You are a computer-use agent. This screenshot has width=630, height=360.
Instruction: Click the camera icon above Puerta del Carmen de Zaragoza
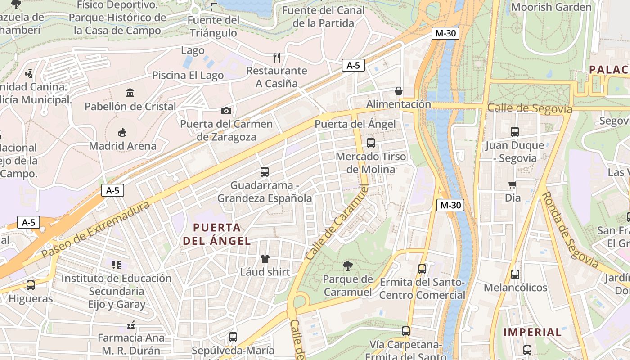(226, 111)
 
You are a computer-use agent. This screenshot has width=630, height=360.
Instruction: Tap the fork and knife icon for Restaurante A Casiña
(277, 58)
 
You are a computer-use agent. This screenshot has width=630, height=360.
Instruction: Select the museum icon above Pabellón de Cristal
(130, 93)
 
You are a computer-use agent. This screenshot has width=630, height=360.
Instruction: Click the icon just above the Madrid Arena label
(122, 132)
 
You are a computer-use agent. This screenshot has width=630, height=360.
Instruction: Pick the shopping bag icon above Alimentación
(399, 91)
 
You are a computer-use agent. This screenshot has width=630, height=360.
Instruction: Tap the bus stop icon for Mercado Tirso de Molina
(371, 143)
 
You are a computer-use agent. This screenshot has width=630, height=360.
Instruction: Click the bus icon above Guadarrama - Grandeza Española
(265, 172)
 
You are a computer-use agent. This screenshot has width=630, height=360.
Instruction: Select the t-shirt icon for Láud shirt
(265, 259)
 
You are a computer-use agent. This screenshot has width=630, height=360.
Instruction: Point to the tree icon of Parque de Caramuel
(348, 266)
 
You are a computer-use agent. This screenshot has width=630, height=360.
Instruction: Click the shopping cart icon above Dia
(512, 184)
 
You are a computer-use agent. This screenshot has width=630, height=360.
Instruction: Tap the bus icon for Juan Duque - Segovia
(515, 132)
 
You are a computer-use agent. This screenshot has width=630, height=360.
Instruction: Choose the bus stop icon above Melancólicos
(515, 274)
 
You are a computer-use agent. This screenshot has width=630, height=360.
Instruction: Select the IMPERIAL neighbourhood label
(532, 333)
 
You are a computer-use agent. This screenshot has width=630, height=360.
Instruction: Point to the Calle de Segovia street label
(530, 108)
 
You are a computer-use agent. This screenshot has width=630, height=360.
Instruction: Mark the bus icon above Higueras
(31, 285)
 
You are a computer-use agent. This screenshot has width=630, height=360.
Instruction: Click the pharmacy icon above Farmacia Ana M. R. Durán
(131, 324)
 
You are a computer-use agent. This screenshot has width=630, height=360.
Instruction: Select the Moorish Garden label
(551, 7)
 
